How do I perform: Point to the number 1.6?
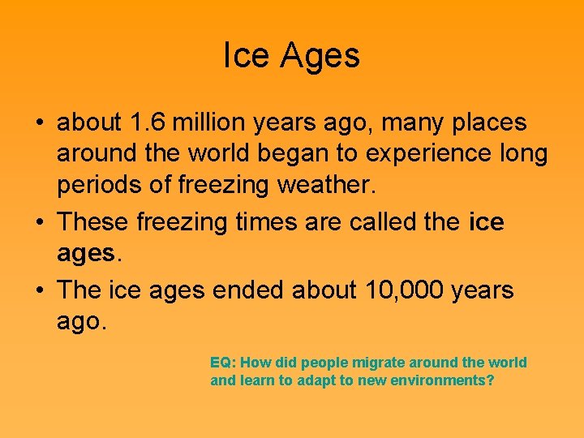click(149, 123)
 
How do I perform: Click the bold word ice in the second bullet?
click(487, 222)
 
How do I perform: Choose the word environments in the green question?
click(441, 380)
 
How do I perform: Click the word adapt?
click(320, 380)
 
